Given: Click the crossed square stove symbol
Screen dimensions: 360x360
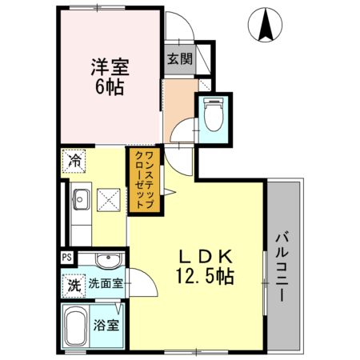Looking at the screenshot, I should (109, 200).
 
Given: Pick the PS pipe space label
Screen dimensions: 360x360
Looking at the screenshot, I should (66, 258).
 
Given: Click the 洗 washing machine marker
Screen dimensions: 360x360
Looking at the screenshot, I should (74, 284).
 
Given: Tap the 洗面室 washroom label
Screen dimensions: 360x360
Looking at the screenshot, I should (105, 284).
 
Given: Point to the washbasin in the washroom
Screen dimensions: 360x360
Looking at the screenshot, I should (104, 260).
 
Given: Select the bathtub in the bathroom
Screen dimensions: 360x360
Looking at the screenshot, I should (76, 327).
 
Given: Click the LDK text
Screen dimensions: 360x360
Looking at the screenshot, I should (204, 256).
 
